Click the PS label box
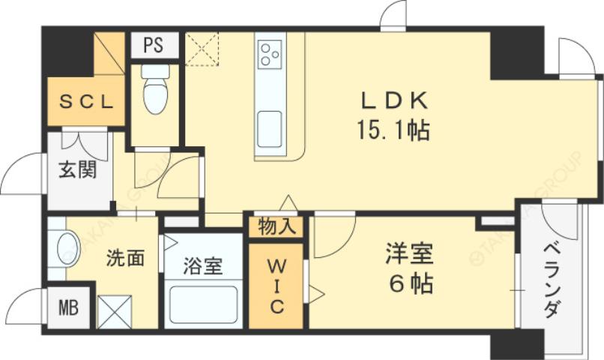154,45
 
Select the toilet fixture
155,91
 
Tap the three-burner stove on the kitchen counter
270,55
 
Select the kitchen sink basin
270,122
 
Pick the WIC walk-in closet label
277,285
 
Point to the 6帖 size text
409,285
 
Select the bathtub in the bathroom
203,304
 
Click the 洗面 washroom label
124,259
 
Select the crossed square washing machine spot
114,311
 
